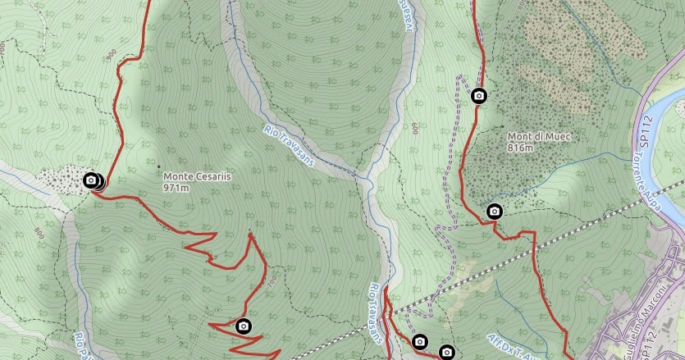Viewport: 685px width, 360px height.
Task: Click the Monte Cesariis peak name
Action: (x=195, y=175)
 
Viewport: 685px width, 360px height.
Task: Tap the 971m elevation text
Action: (x=176, y=188)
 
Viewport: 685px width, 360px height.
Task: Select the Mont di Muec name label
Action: (x=538, y=137)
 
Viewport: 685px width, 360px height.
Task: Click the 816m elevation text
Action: (x=520, y=148)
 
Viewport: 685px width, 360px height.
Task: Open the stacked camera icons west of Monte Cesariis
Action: (x=93, y=180)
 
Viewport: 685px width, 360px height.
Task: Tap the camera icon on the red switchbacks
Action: (x=243, y=326)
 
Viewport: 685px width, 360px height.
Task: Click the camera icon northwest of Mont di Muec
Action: (x=479, y=96)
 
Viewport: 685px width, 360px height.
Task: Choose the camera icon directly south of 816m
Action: (x=494, y=212)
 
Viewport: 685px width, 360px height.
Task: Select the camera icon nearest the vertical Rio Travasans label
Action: (x=420, y=341)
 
